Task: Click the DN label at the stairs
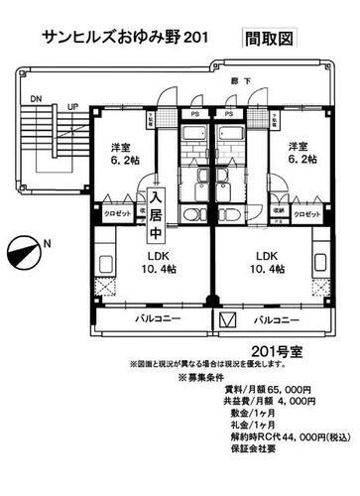pyautogui.click(x=36, y=99)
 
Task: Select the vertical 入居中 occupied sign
pyautogui.click(x=156, y=215)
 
